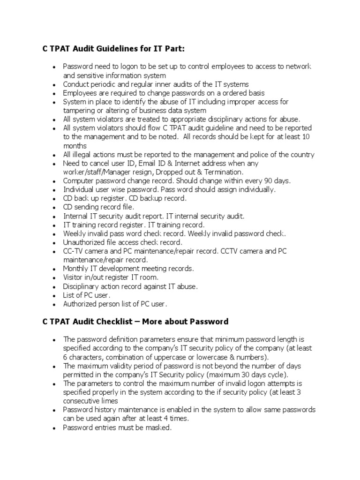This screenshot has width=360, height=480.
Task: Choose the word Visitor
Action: pyautogui.click(x=74, y=277)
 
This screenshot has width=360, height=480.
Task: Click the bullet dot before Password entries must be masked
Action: pyautogui.click(x=55, y=427)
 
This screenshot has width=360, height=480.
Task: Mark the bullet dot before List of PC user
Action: pyautogui.click(x=55, y=295)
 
